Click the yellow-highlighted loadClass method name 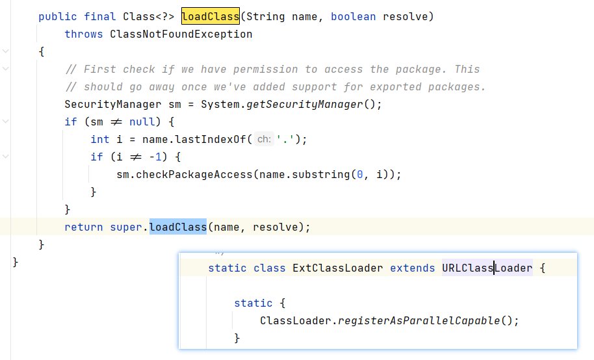(x=210, y=17)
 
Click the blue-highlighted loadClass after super (x=177, y=227)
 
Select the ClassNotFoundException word (x=181, y=34)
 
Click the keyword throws (x=83, y=34)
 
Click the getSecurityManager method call (x=304, y=104)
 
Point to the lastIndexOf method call (x=214, y=139)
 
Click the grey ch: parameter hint (x=264, y=139)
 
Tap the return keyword (x=83, y=227)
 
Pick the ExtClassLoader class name (x=337, y=268)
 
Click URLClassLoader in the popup (x=487, y=268)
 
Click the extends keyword (x=413, y=268)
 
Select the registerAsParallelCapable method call (x=419, y=320)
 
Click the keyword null (x=142, y=122)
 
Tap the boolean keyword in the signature (x=353, y=17)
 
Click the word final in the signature (x=100, y=17)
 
